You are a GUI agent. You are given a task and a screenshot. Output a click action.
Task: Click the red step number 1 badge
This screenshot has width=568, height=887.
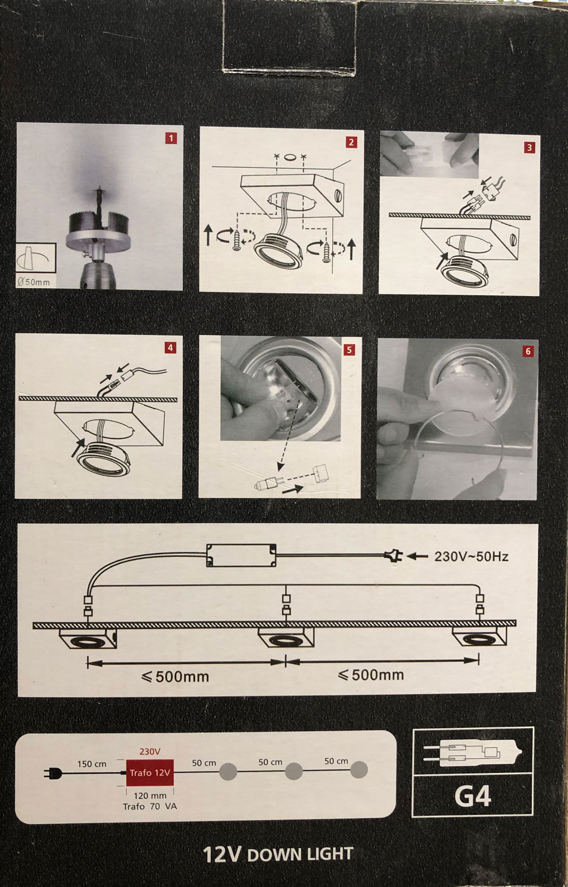click(x=171, y=138)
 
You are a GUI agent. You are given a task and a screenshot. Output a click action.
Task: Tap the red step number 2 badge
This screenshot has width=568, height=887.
click(x=351, y=142)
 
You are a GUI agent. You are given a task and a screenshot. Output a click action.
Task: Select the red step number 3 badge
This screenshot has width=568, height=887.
click(x=530, y=147)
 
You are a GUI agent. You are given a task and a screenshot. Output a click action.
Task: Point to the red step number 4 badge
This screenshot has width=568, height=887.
click(x=170, y=348)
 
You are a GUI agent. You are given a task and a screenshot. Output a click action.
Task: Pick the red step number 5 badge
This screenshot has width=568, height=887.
click(x=349, y=350)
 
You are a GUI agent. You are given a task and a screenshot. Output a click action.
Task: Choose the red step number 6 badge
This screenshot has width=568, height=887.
click(x=528, y=351)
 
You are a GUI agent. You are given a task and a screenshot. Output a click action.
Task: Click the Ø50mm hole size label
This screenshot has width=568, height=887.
click(x=34, y=282)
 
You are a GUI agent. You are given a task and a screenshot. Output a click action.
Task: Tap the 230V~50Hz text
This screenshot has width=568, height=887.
click(x=471, y=557)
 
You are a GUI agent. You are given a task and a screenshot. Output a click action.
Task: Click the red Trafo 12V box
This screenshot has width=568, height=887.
click(x=150, y=773)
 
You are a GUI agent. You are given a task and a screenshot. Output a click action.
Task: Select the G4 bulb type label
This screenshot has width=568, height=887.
click(x=473, y=796)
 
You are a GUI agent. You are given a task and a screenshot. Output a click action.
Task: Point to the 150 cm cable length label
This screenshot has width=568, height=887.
click(x=92, y=764)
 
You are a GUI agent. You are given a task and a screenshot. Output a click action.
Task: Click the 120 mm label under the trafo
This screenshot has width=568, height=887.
click(x=150, y=796)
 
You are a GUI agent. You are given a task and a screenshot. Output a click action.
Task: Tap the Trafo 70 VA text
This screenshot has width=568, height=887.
click(x=150, y=806)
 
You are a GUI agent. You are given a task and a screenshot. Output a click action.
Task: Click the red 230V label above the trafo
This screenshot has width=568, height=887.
click(x=150, y=752)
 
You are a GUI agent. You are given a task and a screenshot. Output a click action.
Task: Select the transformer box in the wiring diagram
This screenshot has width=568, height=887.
click(x=241, y=555)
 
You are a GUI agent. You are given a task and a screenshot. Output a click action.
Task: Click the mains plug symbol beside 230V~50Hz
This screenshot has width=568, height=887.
click(x=393, y=557)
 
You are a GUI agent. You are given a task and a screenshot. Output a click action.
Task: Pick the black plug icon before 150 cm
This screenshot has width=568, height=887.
click(x=53, y=773)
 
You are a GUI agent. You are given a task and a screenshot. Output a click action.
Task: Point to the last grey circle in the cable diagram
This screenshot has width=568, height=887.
click(x=359, y=770)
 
